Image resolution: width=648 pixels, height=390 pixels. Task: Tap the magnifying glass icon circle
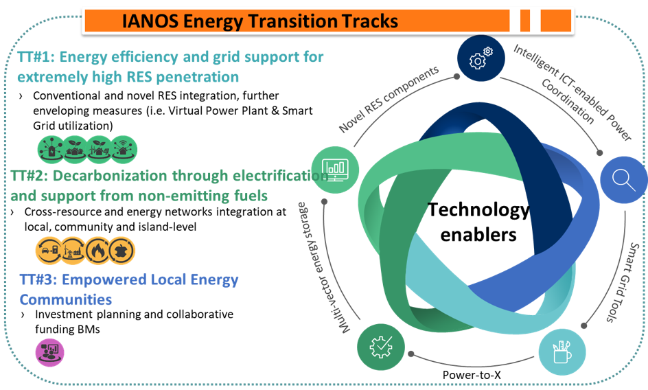click(x=623, y=179)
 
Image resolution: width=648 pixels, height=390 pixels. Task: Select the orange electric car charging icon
click(x=50, y=251)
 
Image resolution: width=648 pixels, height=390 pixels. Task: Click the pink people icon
click(x=49, y=352)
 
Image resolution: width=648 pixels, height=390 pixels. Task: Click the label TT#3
click(x=43, y=280)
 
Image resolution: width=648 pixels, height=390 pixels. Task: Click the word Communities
click(x=65, y=300)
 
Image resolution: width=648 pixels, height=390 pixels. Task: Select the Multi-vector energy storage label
click(x=321, y=267)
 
